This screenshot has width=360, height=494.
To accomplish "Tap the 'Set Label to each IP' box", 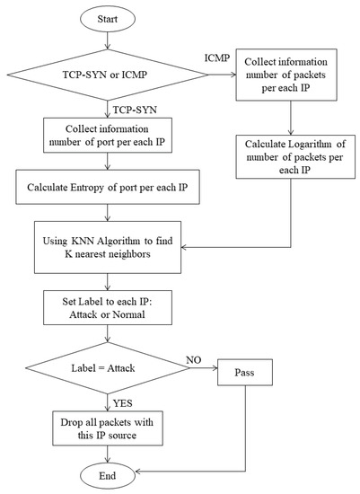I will click(x=108, y=310).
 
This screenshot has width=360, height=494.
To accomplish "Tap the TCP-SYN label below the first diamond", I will click(x=132, y=108).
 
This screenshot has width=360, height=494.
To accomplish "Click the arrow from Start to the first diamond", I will click(x=108, y=40).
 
